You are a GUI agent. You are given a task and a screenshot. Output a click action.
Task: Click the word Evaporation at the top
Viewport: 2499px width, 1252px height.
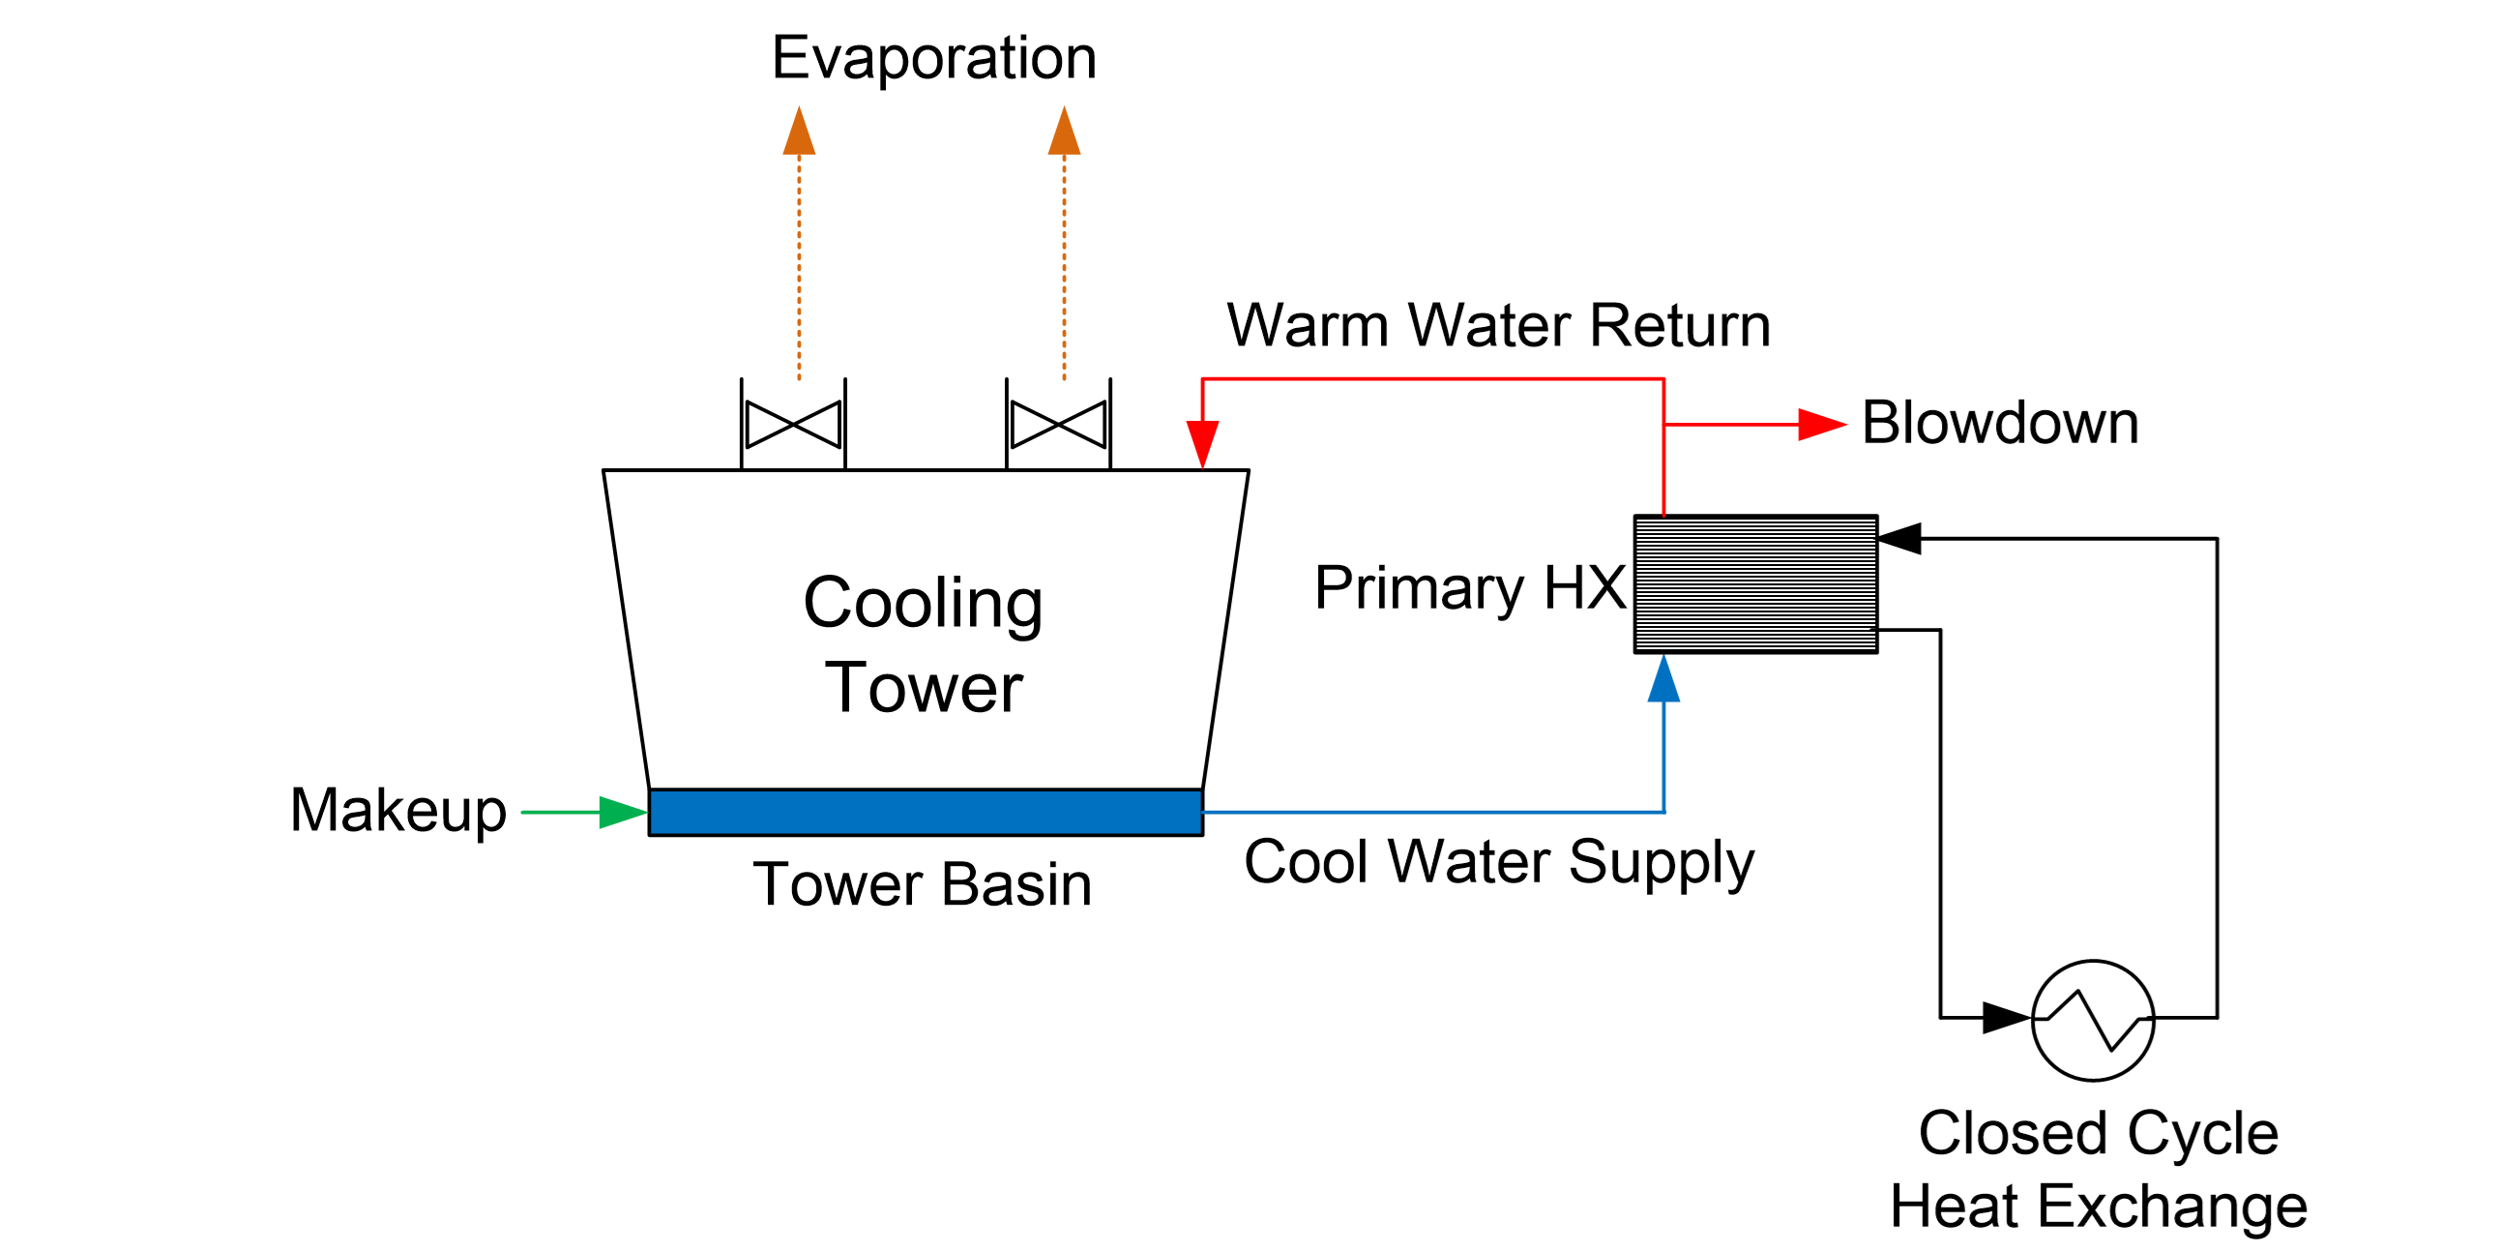coord(934,58)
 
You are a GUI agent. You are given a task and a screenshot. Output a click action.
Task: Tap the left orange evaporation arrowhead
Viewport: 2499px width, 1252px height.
coord(800,132)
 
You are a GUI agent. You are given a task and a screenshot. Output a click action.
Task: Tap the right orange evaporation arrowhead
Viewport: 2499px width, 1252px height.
coord(1064,132)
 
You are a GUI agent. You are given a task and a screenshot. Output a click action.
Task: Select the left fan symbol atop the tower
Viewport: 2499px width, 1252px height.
coord(794,425)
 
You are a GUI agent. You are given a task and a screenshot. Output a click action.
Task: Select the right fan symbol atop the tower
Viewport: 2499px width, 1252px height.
coord(1059,425)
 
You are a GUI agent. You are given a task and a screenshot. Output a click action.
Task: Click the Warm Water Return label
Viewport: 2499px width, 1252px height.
coord(1499,325)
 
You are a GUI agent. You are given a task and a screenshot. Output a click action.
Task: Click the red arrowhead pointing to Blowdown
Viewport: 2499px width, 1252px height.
coord(1821,424)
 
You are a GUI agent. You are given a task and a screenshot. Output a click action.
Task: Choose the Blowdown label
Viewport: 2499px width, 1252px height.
coord(2000,424)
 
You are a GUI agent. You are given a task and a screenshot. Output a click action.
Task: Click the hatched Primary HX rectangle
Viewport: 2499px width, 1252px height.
coord(1756,584)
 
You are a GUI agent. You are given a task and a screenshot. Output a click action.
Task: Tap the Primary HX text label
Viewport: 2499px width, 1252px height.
coord(1470,588)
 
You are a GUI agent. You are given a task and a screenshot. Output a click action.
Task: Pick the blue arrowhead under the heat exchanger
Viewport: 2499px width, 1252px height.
coord(1664,679)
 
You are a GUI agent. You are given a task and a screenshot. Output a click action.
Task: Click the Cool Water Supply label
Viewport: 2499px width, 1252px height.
coord(1499,862)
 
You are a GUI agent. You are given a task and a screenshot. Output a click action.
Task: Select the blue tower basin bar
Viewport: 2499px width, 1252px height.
coord(926,813)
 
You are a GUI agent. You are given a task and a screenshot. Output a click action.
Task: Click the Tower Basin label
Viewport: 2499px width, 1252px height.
coord(923,885)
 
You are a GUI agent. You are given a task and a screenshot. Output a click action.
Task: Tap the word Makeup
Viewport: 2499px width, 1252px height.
coord(398,811)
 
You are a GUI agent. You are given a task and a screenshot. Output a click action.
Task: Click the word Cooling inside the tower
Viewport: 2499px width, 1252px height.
coord(924,604)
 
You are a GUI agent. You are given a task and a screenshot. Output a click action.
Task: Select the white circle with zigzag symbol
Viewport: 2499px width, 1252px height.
coord(2094,1020)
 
